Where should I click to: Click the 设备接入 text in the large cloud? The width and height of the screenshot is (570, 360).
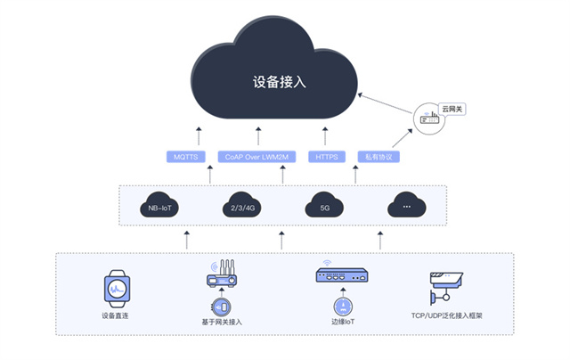tap(280, 82)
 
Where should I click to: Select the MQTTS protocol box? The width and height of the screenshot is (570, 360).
tap(187, 157)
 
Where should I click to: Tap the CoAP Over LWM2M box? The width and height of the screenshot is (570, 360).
tap(258, 157)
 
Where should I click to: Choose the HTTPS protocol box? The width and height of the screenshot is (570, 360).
tap(324, 157)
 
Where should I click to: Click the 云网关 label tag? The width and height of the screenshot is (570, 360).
tap(453, 110)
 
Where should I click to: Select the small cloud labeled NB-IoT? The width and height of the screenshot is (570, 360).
tap(163, 208)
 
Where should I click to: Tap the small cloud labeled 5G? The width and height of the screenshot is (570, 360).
tap(325, 208)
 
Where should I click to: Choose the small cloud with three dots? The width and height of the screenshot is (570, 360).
tap(406, 208)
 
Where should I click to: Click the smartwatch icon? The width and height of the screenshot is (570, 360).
tap(117, 286)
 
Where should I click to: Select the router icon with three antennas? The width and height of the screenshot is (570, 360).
tap(223, 275)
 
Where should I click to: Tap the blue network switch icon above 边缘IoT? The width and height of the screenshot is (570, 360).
tap(340, 276)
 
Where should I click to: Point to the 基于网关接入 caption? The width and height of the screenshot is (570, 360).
tap(223, 321)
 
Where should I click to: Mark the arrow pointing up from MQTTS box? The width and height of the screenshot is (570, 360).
tap(199, 136)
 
